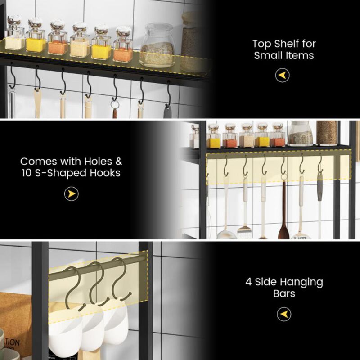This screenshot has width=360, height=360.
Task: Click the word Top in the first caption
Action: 262,44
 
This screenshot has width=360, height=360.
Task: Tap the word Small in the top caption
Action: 268,56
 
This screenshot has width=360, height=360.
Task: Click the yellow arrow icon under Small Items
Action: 283,75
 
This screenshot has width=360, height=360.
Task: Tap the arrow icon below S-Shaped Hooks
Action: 72,194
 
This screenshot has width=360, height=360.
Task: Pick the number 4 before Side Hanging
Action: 249,283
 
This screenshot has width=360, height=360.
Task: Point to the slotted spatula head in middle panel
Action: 244,231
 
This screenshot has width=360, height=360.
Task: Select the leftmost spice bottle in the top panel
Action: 15,35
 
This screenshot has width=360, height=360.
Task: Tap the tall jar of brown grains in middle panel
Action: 327,133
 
